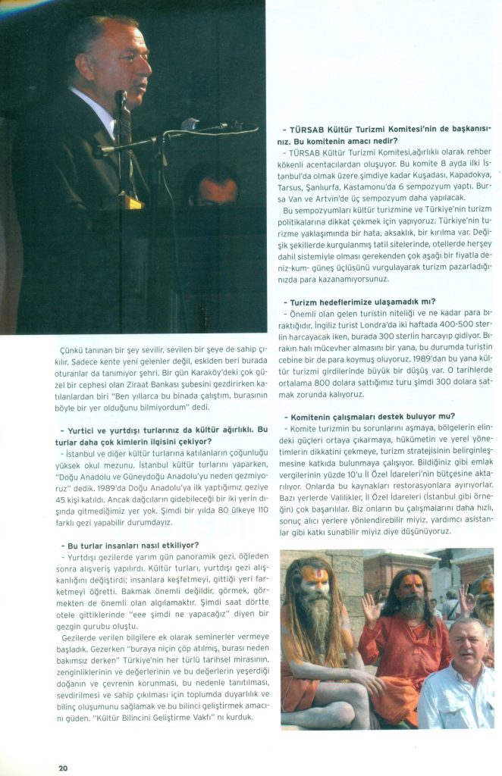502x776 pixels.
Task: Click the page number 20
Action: [63, 767]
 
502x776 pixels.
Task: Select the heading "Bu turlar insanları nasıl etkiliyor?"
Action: [132, 545]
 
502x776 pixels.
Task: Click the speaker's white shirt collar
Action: [98, 103]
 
